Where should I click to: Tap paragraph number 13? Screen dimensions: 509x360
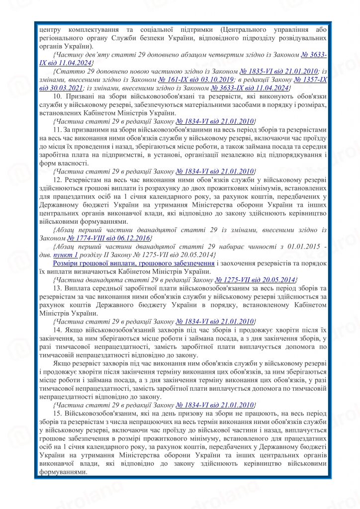56,288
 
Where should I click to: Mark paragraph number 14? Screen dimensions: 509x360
56,330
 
